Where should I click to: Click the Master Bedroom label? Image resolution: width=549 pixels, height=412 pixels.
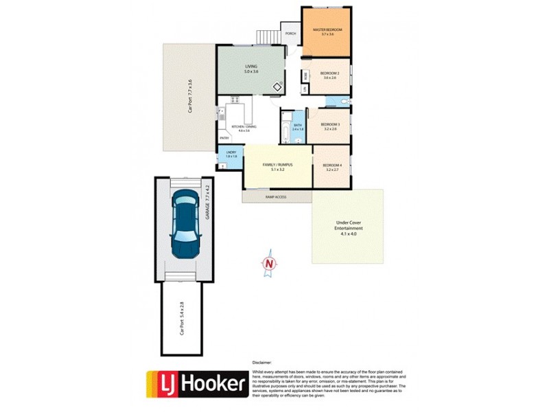point(327,30)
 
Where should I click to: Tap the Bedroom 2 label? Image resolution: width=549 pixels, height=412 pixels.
point(329,73)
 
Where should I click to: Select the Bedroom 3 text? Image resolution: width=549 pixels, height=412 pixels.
point(330,124)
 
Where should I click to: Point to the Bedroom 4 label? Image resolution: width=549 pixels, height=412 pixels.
point(331,165)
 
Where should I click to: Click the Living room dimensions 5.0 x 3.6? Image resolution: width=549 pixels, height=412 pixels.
point(251,71)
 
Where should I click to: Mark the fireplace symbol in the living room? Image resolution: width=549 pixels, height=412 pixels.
point(277,87)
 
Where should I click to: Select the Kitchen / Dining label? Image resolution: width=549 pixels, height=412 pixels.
point(244,127)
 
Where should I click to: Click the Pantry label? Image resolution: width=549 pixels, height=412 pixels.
point(224,139)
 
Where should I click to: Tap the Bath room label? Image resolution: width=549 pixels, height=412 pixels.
point(297,125)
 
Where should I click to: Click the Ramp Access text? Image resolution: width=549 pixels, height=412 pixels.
point(276,197)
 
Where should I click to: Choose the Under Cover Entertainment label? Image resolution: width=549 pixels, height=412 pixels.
point(349,228)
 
